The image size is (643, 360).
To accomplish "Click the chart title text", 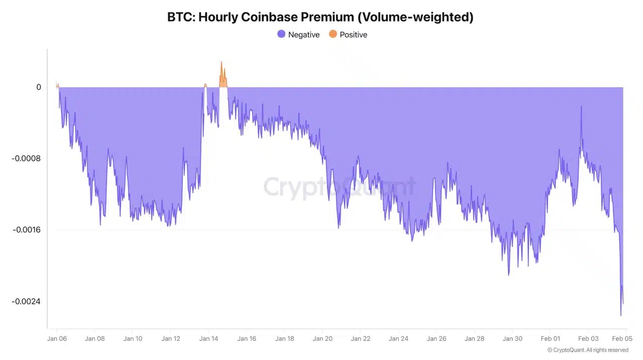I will click(320, 17).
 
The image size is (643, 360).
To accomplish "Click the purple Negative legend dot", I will click(281, 34).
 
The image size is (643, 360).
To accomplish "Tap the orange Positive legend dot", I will click(333, 34).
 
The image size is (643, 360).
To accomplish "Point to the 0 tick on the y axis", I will click(39, 87).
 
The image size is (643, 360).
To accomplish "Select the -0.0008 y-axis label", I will click(26, 159).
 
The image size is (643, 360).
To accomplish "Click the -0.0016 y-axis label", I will click(26, 230).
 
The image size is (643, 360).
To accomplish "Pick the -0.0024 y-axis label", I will click(26, 301).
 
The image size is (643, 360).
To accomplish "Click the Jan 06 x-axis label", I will click(57, 338).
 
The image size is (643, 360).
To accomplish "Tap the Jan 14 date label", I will click(208, 338).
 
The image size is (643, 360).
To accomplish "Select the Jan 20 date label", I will click(323, 338).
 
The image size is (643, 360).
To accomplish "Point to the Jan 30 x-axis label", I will click(512, 338).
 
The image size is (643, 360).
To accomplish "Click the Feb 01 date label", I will click(551, 338).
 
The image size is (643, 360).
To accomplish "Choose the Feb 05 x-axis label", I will click(622, 338).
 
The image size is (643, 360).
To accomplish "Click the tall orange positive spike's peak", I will click(221, 62).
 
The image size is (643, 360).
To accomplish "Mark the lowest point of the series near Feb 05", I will click(621, 315).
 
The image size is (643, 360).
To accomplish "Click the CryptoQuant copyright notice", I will click(588, 350).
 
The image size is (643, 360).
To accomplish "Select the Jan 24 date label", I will click(398, 338).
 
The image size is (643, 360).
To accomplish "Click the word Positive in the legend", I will click(353, 35).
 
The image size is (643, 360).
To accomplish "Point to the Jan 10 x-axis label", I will click(133, 338).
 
